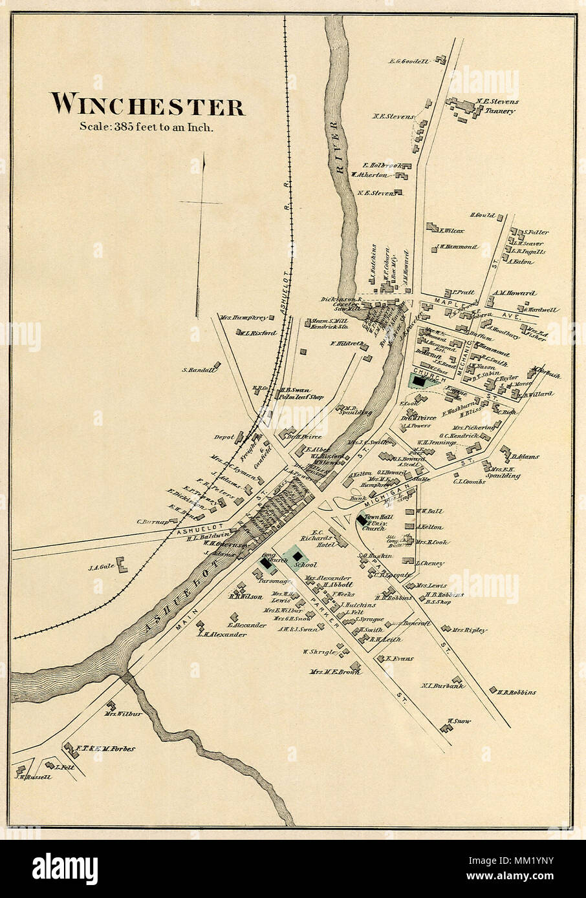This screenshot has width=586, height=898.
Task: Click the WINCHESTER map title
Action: [148, 105]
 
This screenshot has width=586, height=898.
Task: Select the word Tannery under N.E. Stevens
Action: [501, 110]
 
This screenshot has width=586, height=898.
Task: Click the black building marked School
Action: [296, 557]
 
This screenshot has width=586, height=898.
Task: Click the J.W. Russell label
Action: [31, 777]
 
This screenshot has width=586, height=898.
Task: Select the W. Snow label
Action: [457, 720]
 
